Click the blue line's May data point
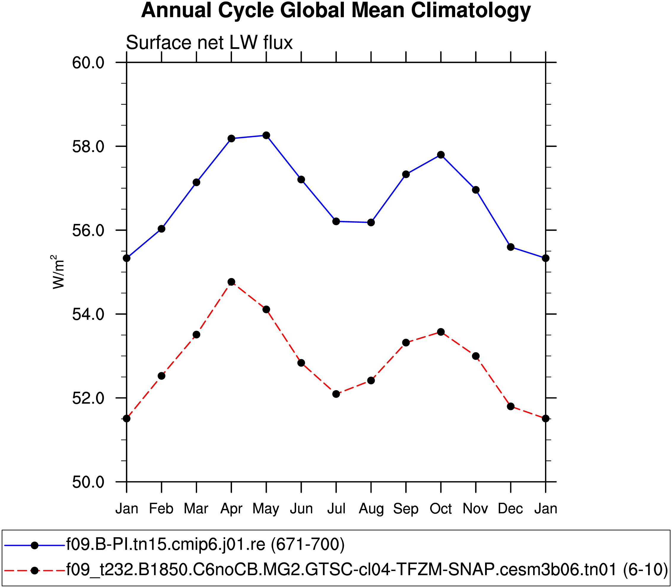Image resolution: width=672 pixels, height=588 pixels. (x=266, y=135)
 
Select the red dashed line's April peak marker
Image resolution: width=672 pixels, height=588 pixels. (x=231, y=282)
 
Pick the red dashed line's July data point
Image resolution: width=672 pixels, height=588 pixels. (x=336, y=394)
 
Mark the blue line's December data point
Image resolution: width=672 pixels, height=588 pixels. (x=511, y=247)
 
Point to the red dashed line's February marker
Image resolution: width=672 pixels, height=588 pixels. (x=162, y=376)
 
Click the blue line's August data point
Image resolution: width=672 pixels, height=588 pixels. (x=371, y=222)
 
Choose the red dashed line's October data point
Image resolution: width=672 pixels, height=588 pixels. (x=441, y=332)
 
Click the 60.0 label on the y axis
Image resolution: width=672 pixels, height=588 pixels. (x=88, y=63)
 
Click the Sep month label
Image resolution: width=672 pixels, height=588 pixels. (x=406, y=509)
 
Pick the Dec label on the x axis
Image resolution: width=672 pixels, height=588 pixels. (x=510, y=509)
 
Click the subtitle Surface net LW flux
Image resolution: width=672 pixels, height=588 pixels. (x=209, y=43)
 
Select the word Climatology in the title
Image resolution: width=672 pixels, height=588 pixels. (x=471, y=10)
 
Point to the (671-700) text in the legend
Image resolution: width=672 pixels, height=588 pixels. (x=308, y=544)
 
